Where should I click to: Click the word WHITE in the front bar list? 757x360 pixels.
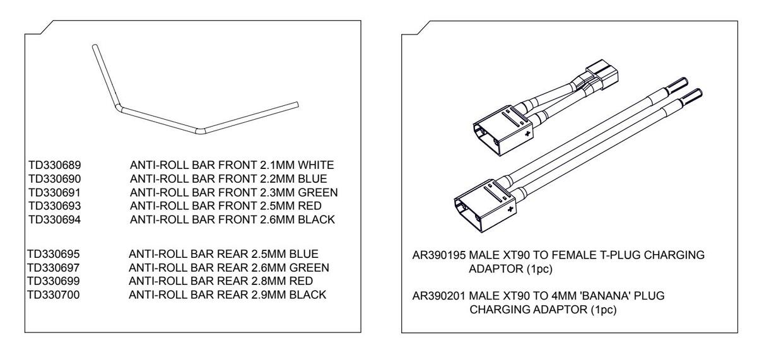tap(317, 165)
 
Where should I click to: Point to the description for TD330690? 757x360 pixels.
tap(228, 178)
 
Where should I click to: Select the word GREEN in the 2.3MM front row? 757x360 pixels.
tap(319, 192)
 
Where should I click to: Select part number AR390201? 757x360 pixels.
tap(438, 296)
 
